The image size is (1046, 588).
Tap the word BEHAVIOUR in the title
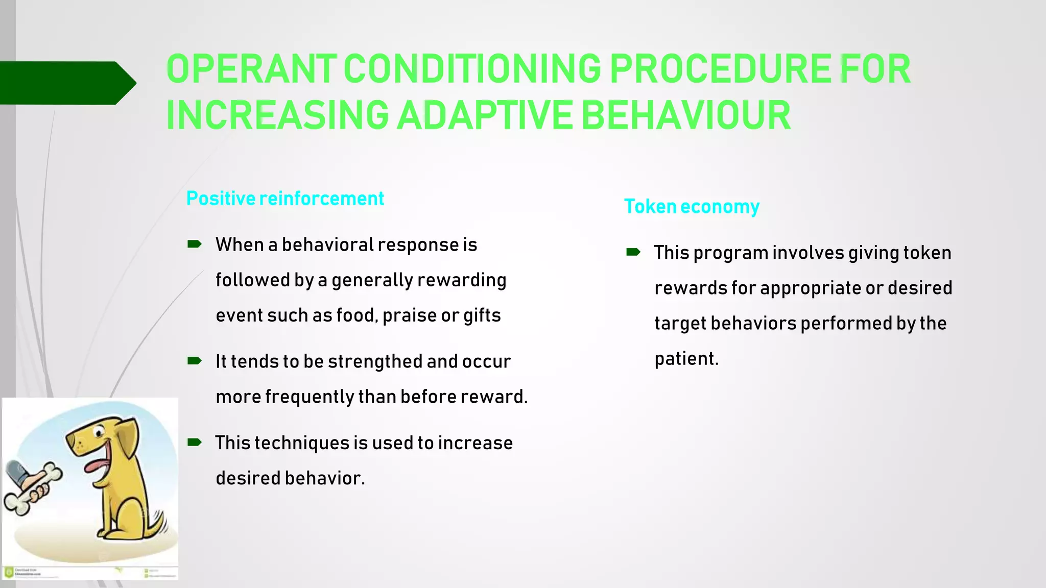[685, 115]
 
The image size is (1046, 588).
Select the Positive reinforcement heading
[285, 199]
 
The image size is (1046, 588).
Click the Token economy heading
[692, 207]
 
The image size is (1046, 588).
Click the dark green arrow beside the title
[66, 83]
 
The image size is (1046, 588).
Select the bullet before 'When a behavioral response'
[194, 244]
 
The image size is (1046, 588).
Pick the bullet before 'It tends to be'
[194, 361]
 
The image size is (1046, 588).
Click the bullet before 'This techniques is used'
[194, 443]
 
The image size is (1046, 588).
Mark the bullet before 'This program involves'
[633, 252]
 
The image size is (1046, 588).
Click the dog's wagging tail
[156, 523]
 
